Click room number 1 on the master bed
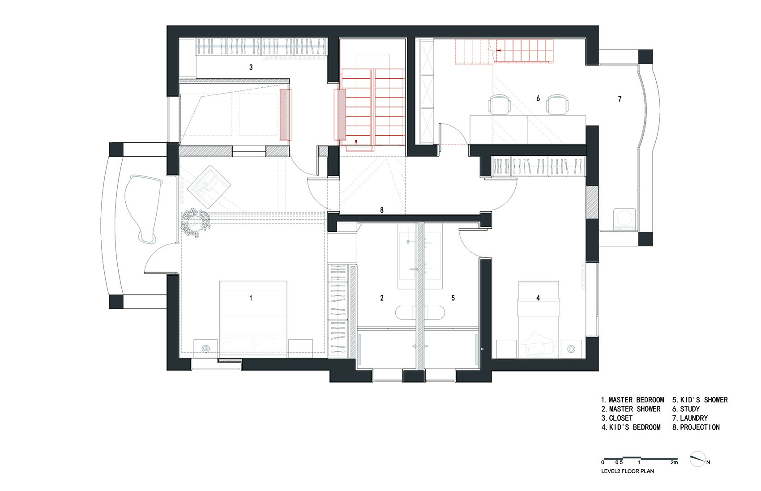[251, 298]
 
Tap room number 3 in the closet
[251, 67]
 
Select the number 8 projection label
[382, 210]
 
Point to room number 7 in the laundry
[620, 99]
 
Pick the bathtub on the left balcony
[143, 208]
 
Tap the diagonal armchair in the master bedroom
[209, 187]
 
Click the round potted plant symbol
[195, 222]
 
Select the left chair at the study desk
[499, 104]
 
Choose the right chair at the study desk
[557, 104]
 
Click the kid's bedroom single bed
[539, 320]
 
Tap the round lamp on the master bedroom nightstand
[206, 349]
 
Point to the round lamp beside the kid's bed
[571, 349]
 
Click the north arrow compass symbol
[698, 459]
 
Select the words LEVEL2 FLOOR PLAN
[628, 471]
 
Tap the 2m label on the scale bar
[674, 462]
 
